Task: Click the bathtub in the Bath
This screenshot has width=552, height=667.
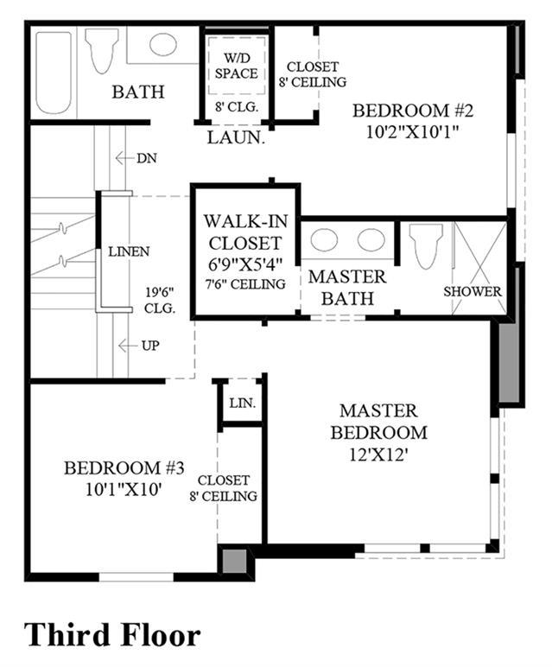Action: click(54, 73)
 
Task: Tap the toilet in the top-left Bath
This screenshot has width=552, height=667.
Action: click(101, 51)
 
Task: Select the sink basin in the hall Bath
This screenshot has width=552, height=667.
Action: click(163, 44)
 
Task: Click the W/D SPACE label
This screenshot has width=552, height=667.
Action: click(237, 66)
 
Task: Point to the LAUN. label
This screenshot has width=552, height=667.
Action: click(236, 137)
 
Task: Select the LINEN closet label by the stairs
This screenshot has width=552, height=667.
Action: click(129, 251)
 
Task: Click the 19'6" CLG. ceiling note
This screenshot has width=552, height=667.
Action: click(160, 301)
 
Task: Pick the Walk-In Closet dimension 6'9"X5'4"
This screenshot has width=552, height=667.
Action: click(246, 264)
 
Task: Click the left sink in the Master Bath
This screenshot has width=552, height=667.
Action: click(324, 240)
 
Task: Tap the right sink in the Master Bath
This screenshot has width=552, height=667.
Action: click(371, 240)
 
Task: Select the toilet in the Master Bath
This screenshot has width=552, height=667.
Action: click(426, 246)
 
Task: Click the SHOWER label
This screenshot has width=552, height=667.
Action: click(473, 291)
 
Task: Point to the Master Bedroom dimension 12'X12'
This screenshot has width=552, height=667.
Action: click(378, 455)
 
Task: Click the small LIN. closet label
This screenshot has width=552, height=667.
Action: click(243, 403)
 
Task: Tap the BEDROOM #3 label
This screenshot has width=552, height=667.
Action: click(124, 468)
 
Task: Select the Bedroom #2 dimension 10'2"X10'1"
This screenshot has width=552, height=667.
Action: click(413, 132)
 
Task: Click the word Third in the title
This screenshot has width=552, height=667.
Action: click(67, 635)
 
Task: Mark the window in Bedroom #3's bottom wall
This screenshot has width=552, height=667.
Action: click(136, 577)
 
